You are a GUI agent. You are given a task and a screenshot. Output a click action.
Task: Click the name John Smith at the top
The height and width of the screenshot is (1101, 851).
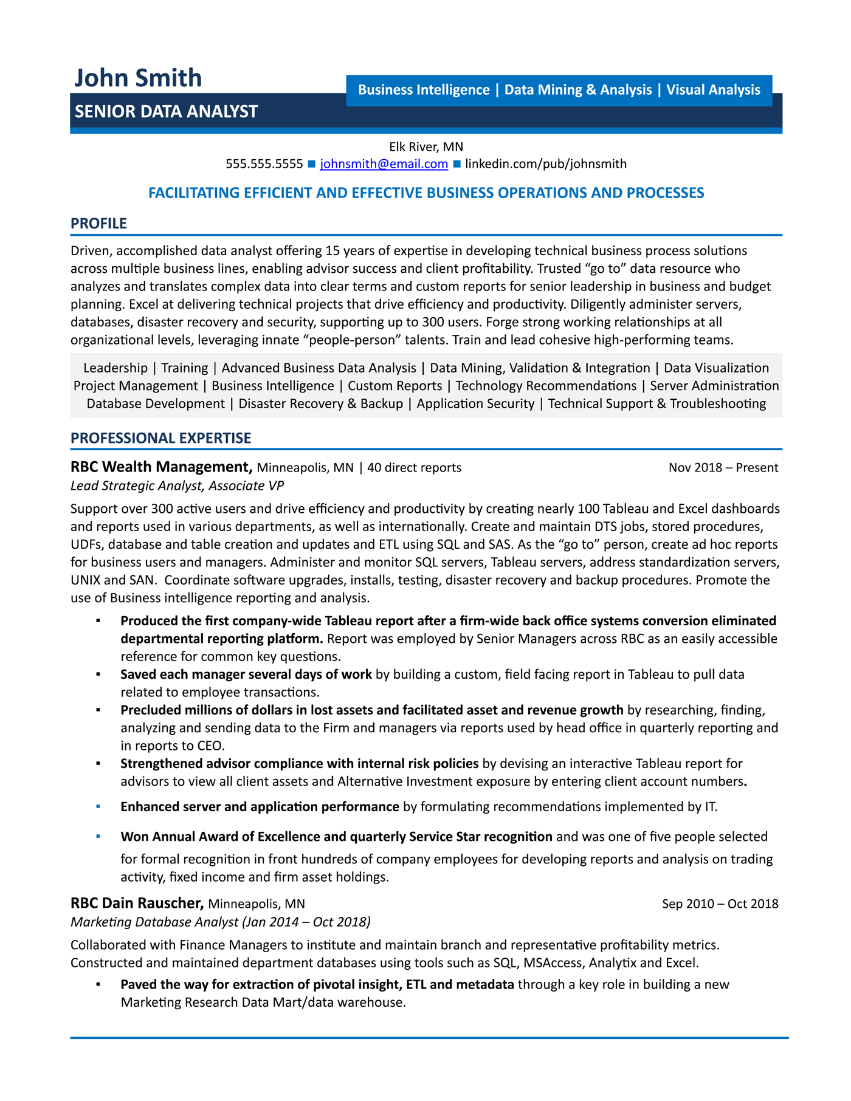coord(137,78)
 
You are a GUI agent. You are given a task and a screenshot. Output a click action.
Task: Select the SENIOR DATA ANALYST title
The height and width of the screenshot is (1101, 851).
coord(166,112)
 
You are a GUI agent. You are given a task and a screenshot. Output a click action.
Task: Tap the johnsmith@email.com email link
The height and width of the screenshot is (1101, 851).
coord(384,164)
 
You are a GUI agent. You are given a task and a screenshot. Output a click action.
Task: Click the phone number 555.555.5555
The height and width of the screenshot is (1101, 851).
coord(264,164)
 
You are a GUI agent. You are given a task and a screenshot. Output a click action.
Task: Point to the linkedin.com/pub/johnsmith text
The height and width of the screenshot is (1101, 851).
coord(545,164)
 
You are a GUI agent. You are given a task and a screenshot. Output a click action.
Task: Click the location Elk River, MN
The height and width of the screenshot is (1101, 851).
coord(425,146)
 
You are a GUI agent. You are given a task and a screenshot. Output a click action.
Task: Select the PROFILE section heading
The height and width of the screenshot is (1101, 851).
coord(98,224)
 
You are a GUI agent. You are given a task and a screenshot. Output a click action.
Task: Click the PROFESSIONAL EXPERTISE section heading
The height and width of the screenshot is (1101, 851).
coord(160,438)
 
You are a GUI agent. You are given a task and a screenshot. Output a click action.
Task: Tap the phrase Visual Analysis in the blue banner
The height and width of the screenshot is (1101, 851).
coord(713,90)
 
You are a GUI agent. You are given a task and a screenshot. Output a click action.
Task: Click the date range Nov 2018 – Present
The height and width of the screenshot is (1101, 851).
coord(723,468)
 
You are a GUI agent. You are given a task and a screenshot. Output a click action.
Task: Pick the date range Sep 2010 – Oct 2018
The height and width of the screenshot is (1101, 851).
coord(720,904)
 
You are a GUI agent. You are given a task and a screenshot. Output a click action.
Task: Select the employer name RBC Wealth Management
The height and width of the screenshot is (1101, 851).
coord(161,467)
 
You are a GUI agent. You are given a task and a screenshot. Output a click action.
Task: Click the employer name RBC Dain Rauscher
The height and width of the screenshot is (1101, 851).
coord(137,904)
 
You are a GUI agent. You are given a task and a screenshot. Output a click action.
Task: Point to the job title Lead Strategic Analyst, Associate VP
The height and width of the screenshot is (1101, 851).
coord(177,485)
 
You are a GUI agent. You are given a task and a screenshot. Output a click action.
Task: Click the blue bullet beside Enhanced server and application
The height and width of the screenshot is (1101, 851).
coord(98,806)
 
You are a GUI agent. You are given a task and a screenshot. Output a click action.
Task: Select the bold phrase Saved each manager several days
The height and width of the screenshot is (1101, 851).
coord(246,674)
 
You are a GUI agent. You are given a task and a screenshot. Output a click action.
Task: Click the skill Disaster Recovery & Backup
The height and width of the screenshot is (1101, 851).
coord(320,404)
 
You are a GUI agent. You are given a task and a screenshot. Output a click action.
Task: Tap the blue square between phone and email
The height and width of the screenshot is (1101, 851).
coord(311,164)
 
